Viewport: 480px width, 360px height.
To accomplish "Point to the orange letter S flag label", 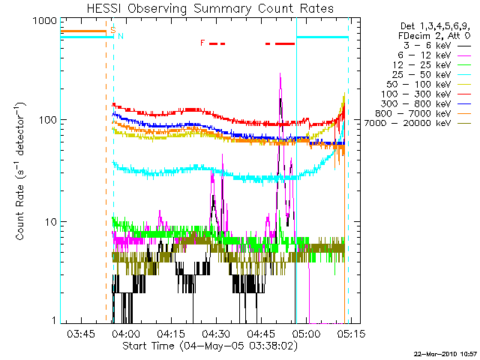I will (113, 29).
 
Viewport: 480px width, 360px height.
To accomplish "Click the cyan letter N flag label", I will (120, 36).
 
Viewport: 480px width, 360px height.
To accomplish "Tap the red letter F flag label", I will (202, 43).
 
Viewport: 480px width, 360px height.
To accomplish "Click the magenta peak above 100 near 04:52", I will (280, 75).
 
